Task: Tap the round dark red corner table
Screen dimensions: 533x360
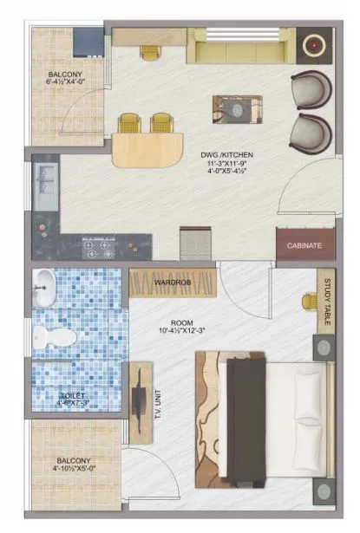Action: pyautogui.click(x=311, y=43)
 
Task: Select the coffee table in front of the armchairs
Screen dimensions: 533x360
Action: pyautogui.click(x=232, y=111)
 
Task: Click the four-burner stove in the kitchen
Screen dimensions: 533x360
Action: pyautogui.click(x=97, y=249)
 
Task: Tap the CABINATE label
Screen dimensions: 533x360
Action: pyautogui.click(x=304, y=245)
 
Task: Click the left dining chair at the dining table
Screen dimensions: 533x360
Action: pyautogui.click(x=128, y=123)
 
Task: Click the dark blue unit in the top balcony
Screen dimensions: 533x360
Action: pyautogui.click(x=87, y=41)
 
